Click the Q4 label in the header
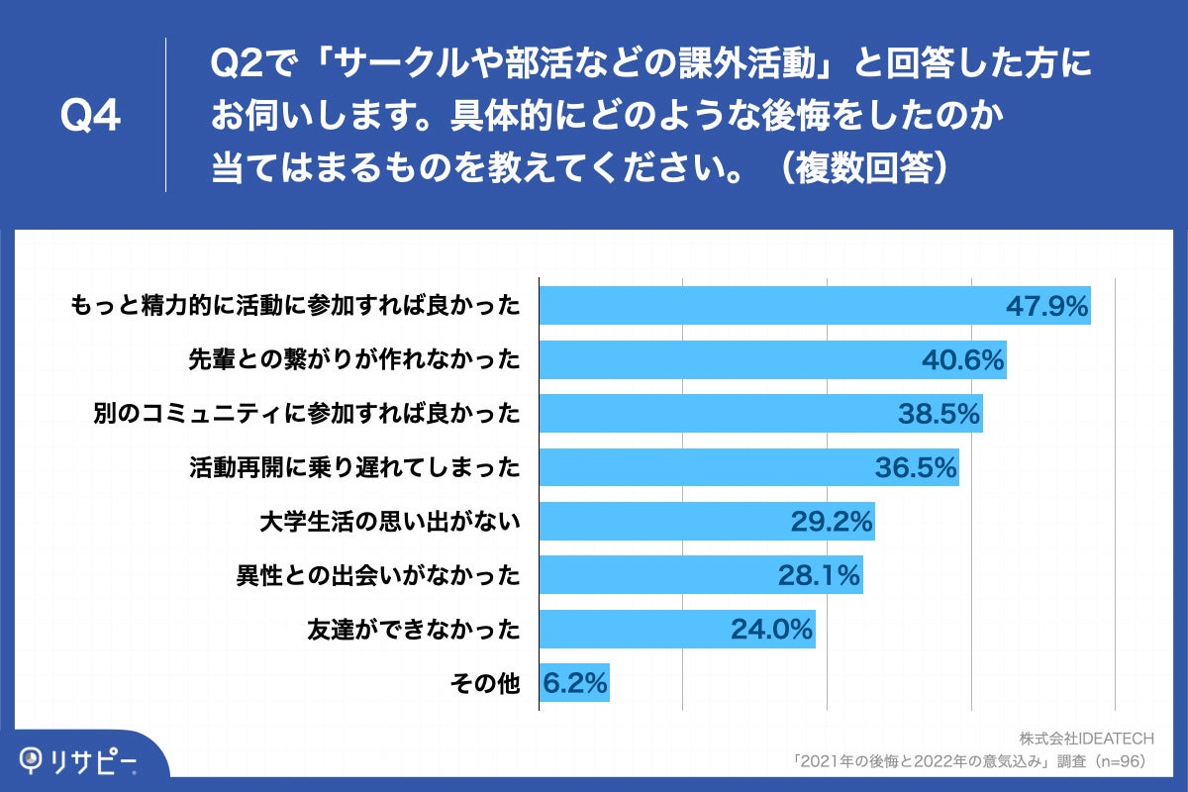90,116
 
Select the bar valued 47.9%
772,306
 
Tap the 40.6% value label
963,359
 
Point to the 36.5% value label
916,466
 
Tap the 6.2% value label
575,682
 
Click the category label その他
484,682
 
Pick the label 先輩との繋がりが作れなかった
353,359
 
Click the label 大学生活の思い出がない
390,521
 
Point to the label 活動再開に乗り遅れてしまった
353,466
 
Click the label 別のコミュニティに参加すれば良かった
306,413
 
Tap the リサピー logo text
95,760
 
